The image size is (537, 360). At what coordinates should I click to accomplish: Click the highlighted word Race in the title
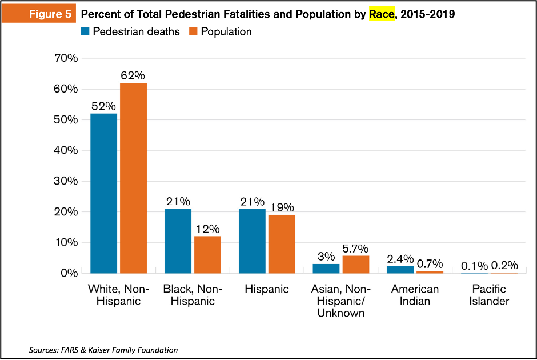[382, 14]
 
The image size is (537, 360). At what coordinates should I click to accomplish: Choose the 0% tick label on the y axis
[70, 273]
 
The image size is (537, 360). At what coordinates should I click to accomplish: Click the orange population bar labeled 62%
[134, 178]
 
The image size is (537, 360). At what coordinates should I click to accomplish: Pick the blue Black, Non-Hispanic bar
[178, 241]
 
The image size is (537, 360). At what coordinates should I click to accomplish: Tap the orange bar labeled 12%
[207, 254]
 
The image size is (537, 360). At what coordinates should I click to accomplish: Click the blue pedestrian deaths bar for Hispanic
[252, 241]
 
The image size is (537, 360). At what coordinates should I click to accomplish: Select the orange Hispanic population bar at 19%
[282, 244]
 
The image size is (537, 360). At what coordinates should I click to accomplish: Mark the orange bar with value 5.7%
[356, 264]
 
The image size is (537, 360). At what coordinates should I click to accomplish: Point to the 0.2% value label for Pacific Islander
[504, 265]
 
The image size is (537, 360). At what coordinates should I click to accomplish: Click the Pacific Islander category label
[489, 295]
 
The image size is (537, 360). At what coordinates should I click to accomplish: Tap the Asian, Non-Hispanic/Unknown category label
[340, 301]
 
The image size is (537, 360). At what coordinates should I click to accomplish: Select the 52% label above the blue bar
[103, 106]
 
